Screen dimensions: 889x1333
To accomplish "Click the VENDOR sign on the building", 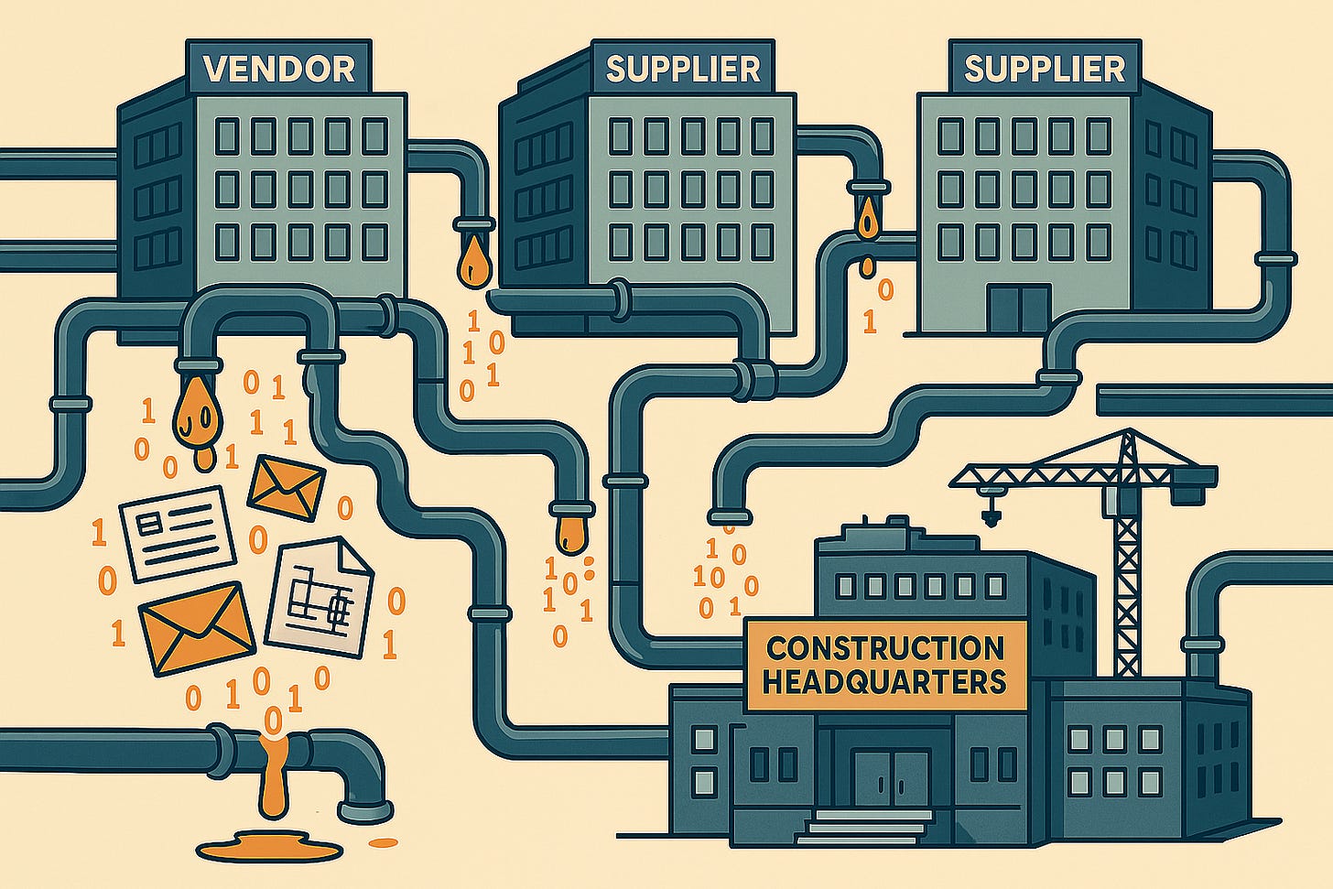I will pos(278,68).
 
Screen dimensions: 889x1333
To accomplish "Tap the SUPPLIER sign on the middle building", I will pos(682,68).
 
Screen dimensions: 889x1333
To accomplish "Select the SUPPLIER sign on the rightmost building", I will pos(1045,68).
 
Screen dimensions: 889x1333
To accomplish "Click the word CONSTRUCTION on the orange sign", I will pos(884,648).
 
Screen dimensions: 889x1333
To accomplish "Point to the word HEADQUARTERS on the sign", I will pos(884,682).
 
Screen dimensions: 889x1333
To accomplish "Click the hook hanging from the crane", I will pos(989,514).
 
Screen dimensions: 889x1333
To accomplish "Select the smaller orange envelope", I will pos(287,484).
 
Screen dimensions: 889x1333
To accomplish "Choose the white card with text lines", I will pos(178,533).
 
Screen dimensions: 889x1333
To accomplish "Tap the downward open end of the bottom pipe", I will pos(365,811).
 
